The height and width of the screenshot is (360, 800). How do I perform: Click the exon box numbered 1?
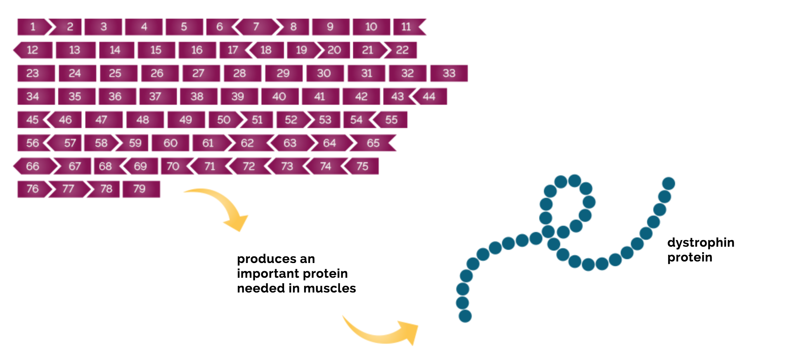[x=33, y=27]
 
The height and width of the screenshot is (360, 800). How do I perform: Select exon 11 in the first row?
[x=409, y=27]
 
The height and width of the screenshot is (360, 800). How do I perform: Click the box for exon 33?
[x=449, y=73]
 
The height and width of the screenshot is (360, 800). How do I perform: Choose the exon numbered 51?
[x=256, y=120]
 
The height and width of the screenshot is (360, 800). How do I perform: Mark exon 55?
[x=390, y=120]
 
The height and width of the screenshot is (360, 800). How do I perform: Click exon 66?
[x=34, y=166]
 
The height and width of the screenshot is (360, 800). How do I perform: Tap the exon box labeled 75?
[x=362, y=166]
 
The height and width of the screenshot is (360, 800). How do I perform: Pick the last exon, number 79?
[x=141, y=189]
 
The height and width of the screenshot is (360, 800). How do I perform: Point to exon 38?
[x=199, y=97]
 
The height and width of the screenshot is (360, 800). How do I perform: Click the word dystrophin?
[x=701, y=243]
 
